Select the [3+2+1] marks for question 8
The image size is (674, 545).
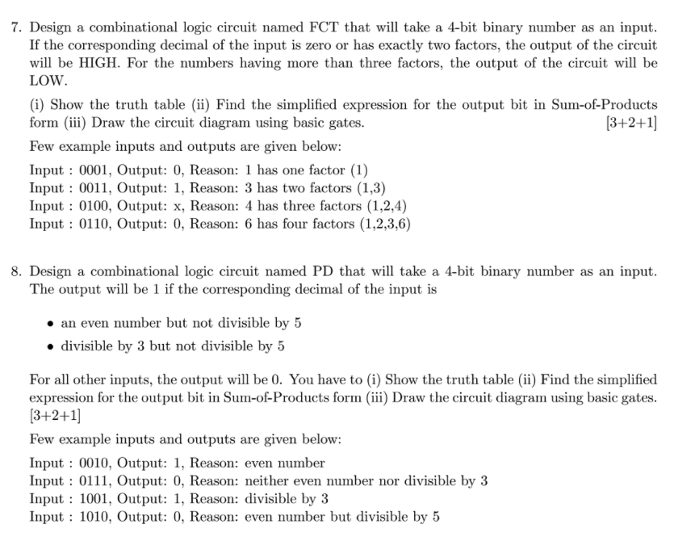coord(54,417)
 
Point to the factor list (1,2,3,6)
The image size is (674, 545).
coord(385,223)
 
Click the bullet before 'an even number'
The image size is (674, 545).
coord(50,324)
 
